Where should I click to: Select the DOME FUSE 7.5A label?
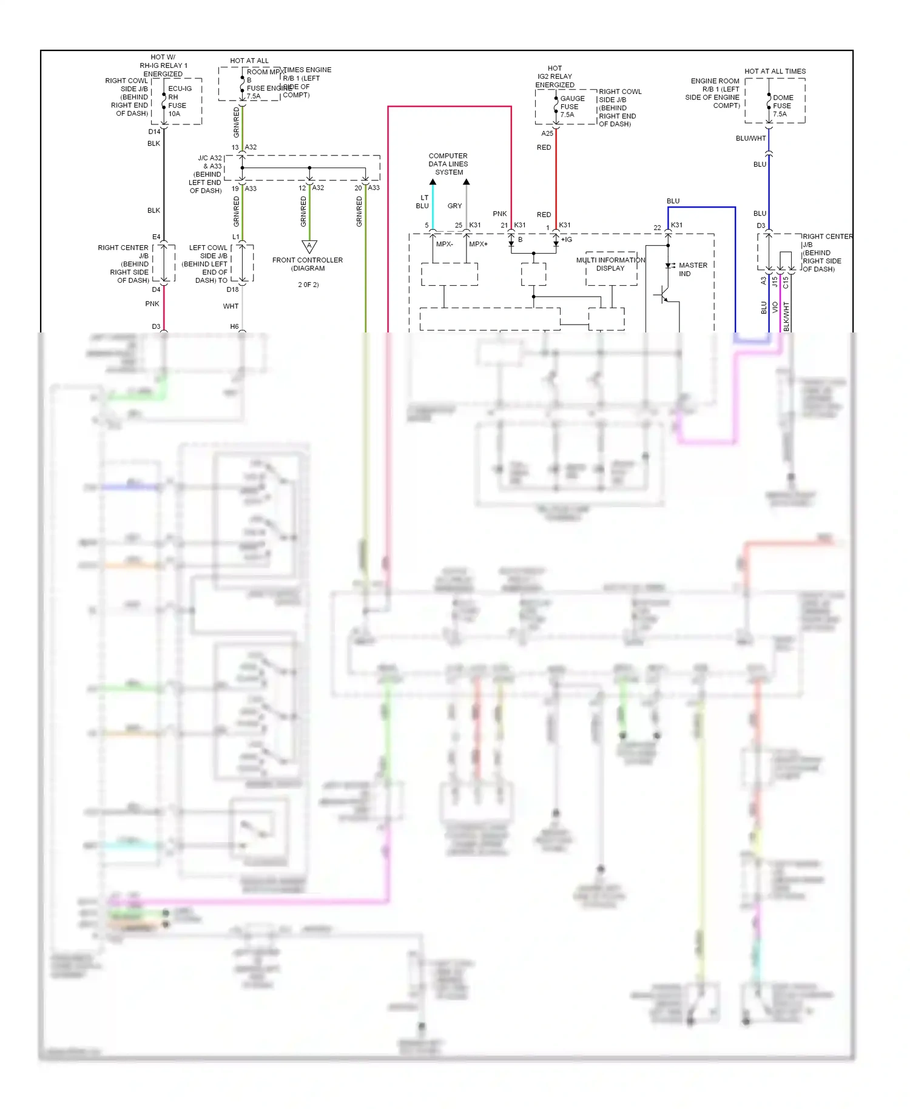pos(783,106)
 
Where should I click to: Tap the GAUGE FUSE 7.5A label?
pos(571,106)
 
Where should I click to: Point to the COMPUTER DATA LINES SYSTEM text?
pos(448,164)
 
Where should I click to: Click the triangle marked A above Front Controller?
pos(309,246)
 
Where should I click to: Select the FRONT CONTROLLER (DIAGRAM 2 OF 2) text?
pos(308,271)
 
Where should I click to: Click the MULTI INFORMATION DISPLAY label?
pos(610,264)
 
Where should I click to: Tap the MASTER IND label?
pos(692,269)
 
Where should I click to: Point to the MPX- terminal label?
pos(444,244)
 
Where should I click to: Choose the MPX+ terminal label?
pos(478,244)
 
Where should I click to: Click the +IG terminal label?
pos(566,240)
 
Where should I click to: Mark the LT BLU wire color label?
pos(423,201)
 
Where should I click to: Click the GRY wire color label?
pos(454,206)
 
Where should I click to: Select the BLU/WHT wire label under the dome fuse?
pos(750,138)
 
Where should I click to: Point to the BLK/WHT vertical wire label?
pos(786,316)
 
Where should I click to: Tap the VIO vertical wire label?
pos(775,308)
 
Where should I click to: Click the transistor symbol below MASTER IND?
pos(664,295)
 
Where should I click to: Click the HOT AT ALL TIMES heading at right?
pos(775,71)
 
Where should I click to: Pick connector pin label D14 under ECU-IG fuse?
pos(154,132)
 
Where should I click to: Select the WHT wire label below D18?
pos(231,306)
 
